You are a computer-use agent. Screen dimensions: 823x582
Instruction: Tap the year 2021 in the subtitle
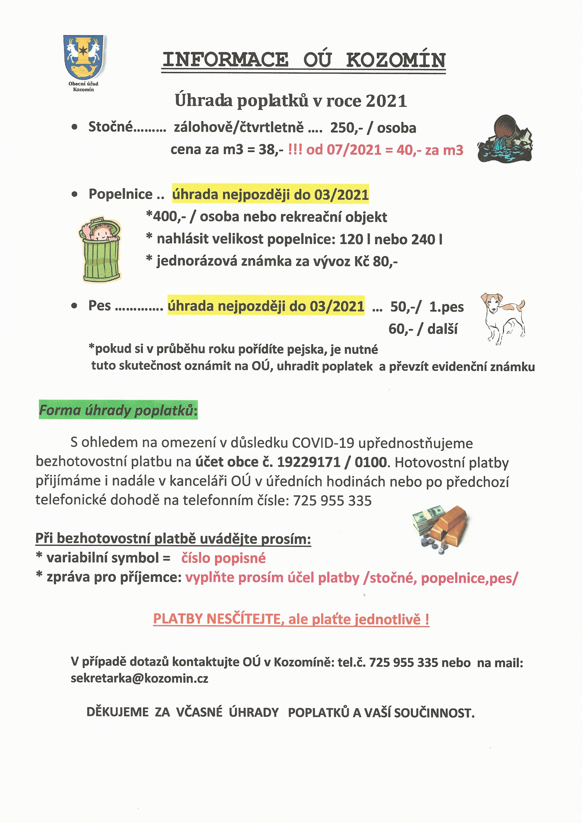386,101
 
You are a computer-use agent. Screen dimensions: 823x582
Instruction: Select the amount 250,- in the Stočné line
344,128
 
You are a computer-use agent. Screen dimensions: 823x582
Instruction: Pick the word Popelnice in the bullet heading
120,194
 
